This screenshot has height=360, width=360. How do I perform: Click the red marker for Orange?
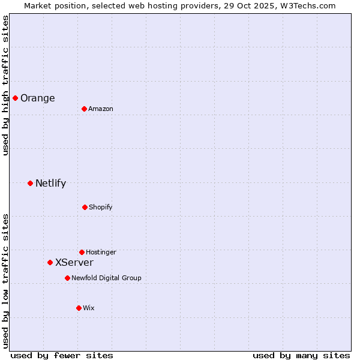click(x=15, y=98)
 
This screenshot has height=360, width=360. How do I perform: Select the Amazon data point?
click(x=84, y=109)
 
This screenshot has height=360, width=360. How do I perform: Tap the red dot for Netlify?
click(x=30, y=183)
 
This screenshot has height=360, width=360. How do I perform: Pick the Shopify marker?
click(x=85, y=207)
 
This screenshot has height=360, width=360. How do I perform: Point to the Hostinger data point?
click(x=82, y=252)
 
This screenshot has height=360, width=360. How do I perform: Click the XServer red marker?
click(x=50, y=262)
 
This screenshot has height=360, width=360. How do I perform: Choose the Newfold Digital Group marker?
click(x=67, y=278)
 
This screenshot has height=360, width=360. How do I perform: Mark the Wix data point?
click(x=79, y=308)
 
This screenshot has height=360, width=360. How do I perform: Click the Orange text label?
click(x=38, y=98)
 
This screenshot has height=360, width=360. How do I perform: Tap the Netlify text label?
click(x=51, y=184)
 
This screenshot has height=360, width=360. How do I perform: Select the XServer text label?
click(x=74, y=263)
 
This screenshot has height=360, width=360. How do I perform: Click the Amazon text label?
click(x=101, y=109)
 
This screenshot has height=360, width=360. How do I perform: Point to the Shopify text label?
click(x=101, y=208)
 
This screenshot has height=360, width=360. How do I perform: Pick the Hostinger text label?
click(x=101, y=253)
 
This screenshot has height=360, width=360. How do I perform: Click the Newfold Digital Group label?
click(x=107, y=278)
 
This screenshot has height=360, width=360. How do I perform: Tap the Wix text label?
click(x=89, y=308)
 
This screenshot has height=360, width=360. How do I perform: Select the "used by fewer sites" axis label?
click(x=62, y=356)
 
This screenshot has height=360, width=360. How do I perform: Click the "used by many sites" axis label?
click(x=301, y=356)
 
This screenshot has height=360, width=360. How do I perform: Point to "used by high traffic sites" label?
click(x=5, y=85)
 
